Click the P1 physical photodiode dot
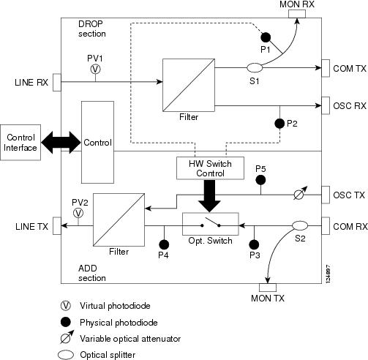tap(266, 37)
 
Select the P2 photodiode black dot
tap(279, 124)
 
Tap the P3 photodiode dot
tap(254, 244)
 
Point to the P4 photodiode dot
tap(164, 244)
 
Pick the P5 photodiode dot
tap(260, 180)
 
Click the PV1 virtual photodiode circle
tap(95, 69)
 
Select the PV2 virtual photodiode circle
tap(78, 213)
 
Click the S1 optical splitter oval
tap(255, 67)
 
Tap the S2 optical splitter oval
tap(300, 225)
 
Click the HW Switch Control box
tap(210, 168)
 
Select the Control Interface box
tap(20, 143)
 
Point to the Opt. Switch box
tap(211, 224)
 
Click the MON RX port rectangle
tap(297, 14)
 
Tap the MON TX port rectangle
tap(268, 288)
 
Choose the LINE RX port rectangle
tap(57, 83)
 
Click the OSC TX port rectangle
tap(326, 195)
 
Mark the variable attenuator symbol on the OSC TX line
tap(300, 193)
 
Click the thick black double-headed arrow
tap(61, 143)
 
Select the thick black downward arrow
tap(209, 196)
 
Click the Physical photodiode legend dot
tap(66, 322)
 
